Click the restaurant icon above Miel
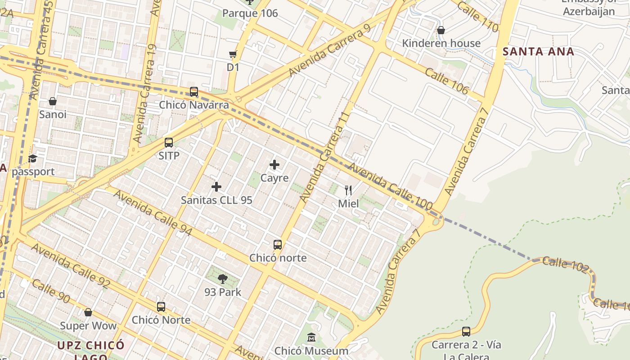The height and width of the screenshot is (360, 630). (348, 190)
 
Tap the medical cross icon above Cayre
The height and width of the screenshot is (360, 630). (274, 165)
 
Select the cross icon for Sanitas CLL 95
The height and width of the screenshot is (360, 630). (216, 187)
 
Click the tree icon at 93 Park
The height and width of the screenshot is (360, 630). (222, 279)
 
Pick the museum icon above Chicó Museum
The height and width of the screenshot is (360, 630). (311, 337)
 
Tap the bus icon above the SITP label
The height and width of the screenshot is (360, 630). (169, 143)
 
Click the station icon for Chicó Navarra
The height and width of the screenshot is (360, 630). (194, 92)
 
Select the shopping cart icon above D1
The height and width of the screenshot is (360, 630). (233, 55)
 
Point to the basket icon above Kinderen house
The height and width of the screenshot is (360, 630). (441, 30)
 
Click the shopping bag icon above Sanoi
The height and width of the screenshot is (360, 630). (53, 101)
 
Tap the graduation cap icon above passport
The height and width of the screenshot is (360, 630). (33, 158)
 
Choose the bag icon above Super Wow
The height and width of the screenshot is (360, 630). (88, 312)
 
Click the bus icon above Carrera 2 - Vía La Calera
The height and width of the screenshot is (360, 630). (466, 332)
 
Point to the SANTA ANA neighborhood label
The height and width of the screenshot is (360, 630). (538, 51)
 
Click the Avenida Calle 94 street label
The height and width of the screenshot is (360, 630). (153, 213)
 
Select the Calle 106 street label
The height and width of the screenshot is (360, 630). (446, 81)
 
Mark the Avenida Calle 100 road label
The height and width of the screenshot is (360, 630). (390, 186)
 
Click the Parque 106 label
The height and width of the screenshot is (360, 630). (250, 13)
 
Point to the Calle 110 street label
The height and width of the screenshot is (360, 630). (478, 17)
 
